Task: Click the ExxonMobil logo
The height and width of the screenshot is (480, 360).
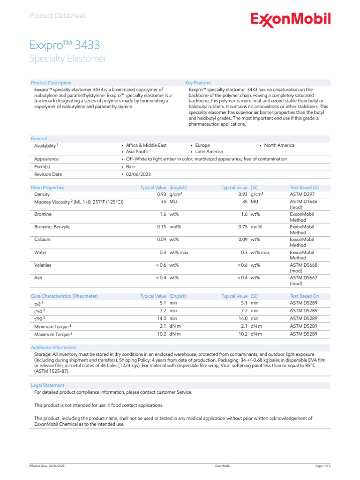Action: (x=291, y=19)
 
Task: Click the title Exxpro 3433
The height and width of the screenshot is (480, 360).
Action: (x=65, y=45)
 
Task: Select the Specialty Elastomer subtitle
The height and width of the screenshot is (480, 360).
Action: (x=68, y=59)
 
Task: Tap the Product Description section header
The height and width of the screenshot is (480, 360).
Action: (x=51, y=83)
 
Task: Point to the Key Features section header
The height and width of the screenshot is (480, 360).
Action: (x=198, y=83)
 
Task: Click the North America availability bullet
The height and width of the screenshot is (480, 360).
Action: (x=279, y=145)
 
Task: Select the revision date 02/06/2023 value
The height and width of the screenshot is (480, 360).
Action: (x=138, y=174)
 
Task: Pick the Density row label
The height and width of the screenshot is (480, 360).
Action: (x=42, y=194)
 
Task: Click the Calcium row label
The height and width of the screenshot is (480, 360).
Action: (x=43, y=240)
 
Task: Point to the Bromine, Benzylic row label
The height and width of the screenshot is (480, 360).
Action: (x=52, y=227)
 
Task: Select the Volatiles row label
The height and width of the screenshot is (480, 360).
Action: (x=43, y=265)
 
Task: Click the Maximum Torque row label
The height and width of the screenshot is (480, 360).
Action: (x=52, y=334)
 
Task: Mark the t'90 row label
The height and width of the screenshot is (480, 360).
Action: (x=39, y=318)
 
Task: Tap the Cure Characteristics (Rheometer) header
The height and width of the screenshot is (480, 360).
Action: (x=64, y=296)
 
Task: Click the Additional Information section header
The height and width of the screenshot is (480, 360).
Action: (x=53, y=347)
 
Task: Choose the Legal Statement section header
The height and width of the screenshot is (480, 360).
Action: (x=47, y=385)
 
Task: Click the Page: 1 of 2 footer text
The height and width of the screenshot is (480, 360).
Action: (x=322, y=466)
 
